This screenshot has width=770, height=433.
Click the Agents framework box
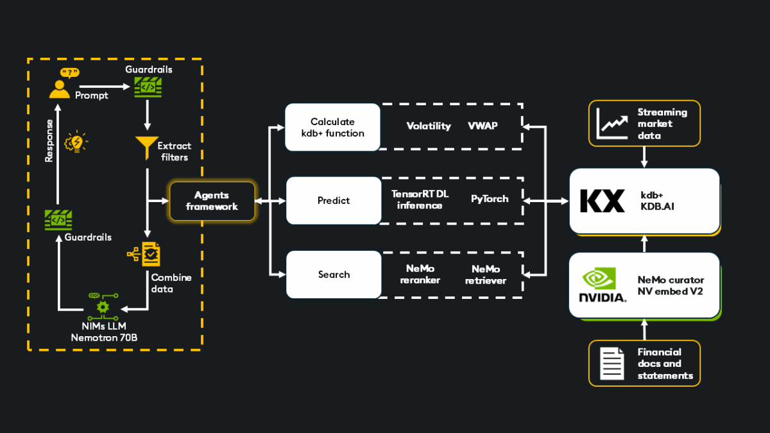tap(212, 201)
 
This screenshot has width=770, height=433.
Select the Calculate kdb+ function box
tap(333, 128)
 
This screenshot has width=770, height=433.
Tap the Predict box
tap(334, 201)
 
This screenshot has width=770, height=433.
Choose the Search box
tap(334, 275)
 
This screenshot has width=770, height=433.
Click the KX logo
tap(602, 201)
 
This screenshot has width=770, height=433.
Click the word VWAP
tap(483, 126)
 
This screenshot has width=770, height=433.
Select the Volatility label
tap(429, 126)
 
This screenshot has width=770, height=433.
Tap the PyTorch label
tap(490, 199)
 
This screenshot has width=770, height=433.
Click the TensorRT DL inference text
tap(420, 200)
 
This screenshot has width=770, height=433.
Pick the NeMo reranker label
tap(420, 275)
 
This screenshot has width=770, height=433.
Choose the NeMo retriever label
tap(485, 275)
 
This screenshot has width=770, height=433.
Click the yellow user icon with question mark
tap(60, 85)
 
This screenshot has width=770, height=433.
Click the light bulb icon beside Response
tap(77, 142)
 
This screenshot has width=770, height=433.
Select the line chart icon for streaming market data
tap(612, 123)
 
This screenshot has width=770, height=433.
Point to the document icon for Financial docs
tap(612, 363)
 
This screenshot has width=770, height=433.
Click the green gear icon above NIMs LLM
tap(103, 307)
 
